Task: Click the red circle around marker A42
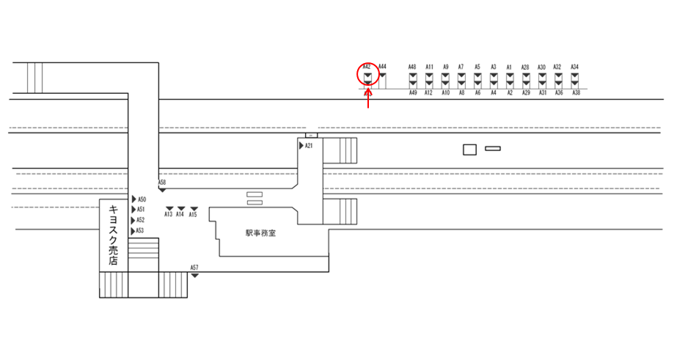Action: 368,76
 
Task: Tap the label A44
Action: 382,66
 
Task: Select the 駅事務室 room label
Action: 260,233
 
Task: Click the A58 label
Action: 162,182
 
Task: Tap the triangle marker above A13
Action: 169,209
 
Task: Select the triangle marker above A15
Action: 194,209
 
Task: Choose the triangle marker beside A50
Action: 133,199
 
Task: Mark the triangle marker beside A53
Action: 133,231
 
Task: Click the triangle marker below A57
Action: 194,275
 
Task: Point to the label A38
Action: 576,93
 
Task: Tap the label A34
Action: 575,67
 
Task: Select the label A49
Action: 412,93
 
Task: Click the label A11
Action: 429,67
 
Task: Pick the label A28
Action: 525,67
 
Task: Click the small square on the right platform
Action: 469,150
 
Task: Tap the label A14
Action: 180,215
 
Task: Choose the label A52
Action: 141,220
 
